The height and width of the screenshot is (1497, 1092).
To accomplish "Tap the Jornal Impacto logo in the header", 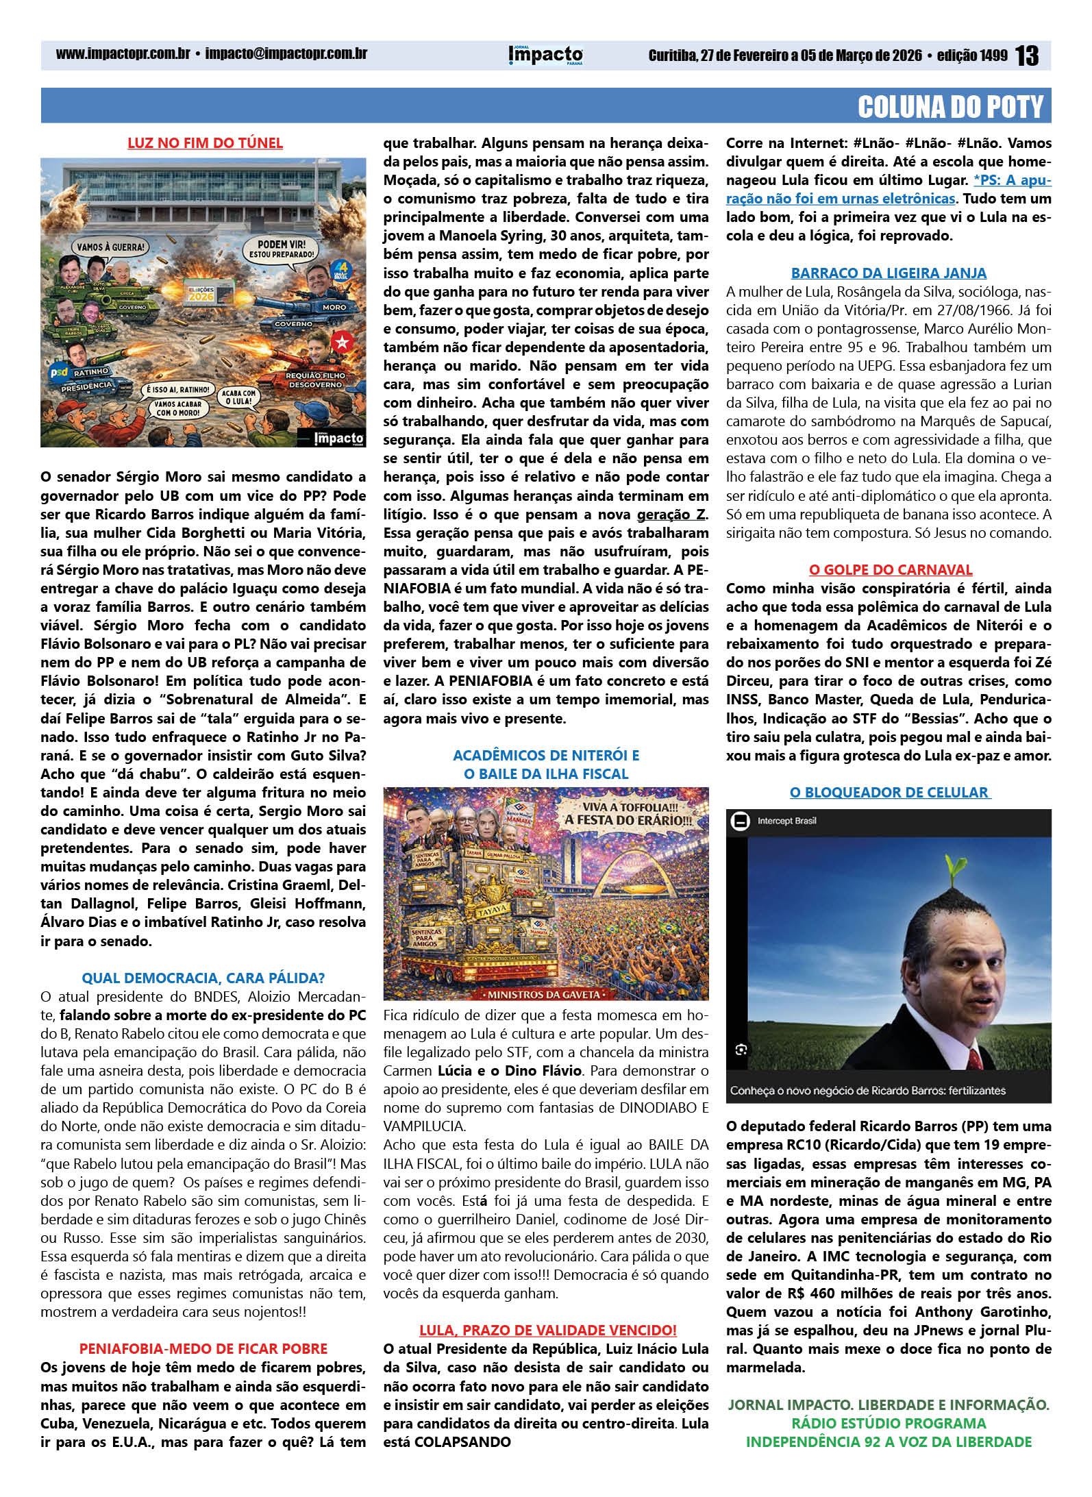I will click(545, 55).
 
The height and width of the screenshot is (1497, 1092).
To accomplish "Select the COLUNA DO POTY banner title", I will click(950, 107).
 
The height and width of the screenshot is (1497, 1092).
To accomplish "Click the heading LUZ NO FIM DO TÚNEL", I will click(205, 143).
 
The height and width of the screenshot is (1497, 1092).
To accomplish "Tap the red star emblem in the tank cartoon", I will click(341, 341).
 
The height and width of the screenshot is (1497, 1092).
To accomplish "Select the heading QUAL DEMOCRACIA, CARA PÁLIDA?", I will click(203, 978).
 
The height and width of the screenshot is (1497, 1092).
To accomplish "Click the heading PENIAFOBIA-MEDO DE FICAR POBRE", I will click(203, 1348).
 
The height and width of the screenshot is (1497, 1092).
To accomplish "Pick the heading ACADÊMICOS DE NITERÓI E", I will click(546, 755).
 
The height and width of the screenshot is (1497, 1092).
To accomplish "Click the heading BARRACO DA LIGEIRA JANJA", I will click(889, 273).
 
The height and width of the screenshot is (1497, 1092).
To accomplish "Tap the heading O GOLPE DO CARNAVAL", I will click(890, 569).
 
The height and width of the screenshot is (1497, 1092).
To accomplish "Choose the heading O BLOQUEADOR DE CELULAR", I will click(889, 792).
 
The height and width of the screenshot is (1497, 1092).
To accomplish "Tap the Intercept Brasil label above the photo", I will click(786, 821).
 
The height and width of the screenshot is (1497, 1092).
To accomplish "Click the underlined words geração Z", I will click(671, 515).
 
